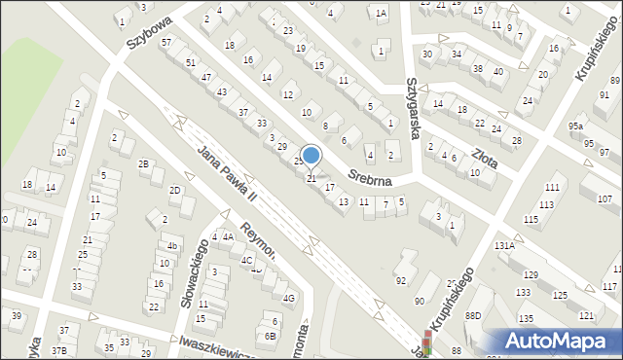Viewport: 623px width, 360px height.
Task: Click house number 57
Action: pos(166,43)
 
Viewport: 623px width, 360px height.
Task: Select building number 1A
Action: pos(381,13)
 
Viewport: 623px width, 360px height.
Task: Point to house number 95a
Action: pos(577,126)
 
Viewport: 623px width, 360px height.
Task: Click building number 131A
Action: pos(503,247)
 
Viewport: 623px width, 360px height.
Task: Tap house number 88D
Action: pos(473,316)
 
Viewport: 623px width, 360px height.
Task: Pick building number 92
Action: pos(400,281)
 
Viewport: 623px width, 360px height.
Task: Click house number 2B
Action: pos(144,164)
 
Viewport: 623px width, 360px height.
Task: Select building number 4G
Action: pos(288,299)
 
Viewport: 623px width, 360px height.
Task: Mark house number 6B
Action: pos(270,336)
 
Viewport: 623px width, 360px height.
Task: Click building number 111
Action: pos(552,187)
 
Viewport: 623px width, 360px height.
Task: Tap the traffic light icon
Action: pos(426,343)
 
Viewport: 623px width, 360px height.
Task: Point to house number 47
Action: pos(206,77)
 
